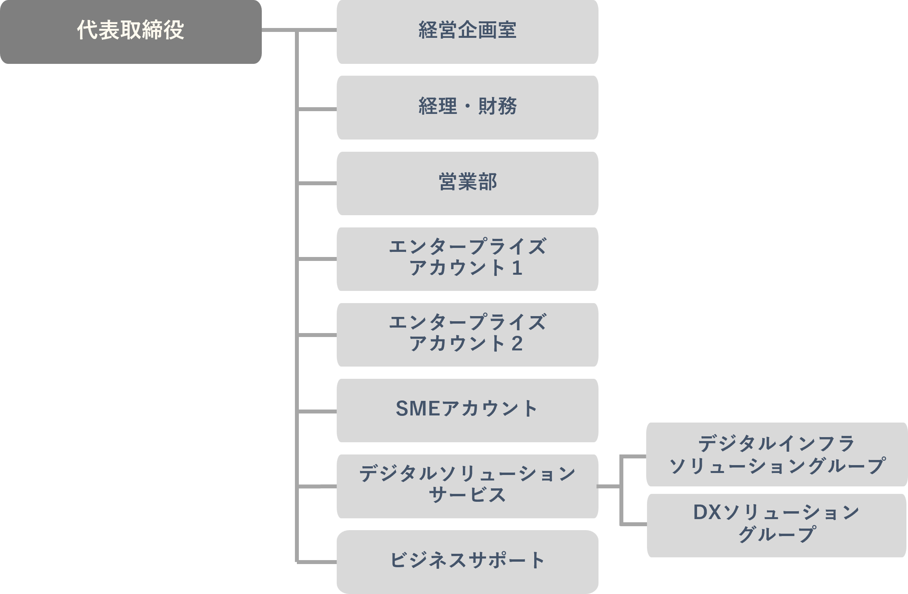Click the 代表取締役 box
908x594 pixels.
[x=131, y=32]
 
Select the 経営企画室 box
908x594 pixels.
[x=467, y=32]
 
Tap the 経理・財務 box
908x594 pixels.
[x=467, y=107]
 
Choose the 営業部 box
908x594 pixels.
[x=467, y=183]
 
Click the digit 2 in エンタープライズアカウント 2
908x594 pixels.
[x=517, y=344]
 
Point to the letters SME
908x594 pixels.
[x=418, y=409]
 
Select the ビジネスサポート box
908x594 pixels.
[x=467, y=561]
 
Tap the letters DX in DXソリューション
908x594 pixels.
[x=707, y=513]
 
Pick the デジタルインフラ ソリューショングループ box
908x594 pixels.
[x=777, y=454]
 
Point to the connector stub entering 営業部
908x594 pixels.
[x=317, y=184]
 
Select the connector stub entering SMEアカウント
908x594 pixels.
[x=317, y=412]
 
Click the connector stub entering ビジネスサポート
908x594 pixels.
[x=317, y=562]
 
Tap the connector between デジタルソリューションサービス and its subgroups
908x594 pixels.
[x=610, y=487]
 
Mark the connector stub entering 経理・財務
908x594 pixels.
[x=317, y=109]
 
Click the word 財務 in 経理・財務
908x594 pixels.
[x=497, y=106]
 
